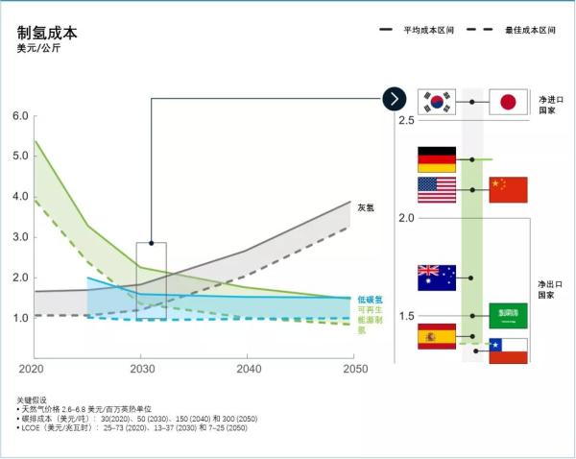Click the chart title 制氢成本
47,32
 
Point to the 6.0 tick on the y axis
20,116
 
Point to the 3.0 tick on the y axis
20,237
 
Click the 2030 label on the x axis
141,369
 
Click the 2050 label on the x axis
354,369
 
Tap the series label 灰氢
366,207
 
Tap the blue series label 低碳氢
370,300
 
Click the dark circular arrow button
396,98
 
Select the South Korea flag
437,102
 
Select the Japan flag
508,102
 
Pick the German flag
437,159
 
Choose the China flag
508,189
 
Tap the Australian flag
437,278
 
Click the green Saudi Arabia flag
508,315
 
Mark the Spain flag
437,336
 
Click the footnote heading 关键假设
31,399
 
